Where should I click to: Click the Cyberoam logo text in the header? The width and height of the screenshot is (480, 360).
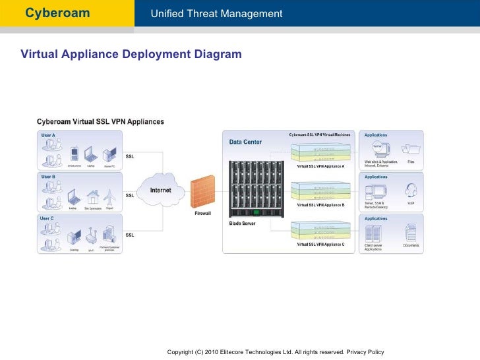pyautogui.click(x=57, y=13)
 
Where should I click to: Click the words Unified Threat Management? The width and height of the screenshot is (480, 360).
pyautogui.click(x=216, y=14)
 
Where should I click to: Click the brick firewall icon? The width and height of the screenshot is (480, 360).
pyautogui.click(x=202, y=191)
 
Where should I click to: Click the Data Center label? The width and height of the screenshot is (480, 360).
pyautogui.click(x=245, y=142)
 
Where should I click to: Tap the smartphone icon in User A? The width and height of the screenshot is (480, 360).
pyautogui.click(x=75, y=154)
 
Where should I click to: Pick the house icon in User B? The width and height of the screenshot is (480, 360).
pyautogui.click(x=92, y=196)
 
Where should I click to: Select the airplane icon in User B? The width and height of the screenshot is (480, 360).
pyautogui.click(x=109, y=195)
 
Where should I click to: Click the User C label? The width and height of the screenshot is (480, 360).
pyautogui.click(x=48, y=218)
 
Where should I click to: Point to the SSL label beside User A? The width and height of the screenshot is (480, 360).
pyautogui.click(x=130, y=156)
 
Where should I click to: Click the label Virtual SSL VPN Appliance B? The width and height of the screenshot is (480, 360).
pyautogui.click(x=320, y=205)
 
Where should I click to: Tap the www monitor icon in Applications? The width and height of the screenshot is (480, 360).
pyautogui.click(x=378, y=149)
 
